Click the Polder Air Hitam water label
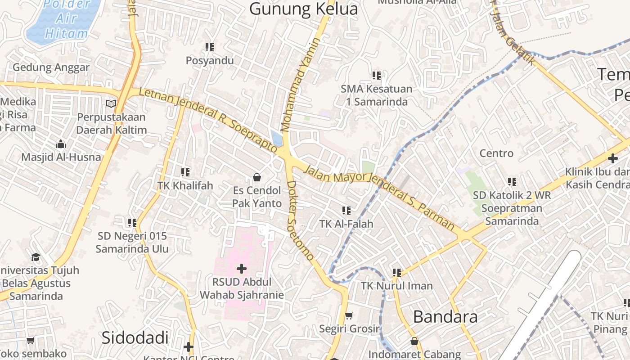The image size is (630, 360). click(66, 19)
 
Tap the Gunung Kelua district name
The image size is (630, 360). click(303, 9)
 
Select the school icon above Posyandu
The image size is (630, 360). click(209, 47)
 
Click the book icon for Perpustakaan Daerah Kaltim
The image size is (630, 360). click(111, 103)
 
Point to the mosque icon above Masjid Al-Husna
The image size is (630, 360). click(60, 144)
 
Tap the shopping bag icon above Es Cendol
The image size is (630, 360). click(257, 177)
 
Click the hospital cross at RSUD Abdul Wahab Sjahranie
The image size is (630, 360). click(242, 269)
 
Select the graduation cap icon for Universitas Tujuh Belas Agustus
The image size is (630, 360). click(36, 257)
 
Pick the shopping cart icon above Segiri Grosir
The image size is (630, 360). click(349, 315)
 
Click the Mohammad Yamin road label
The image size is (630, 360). click(300, 84)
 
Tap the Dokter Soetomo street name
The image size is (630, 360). click(300, 221)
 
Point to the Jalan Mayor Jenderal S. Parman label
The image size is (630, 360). click(379, 198)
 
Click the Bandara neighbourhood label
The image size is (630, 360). click(445, 317)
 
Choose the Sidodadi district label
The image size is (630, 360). click(135, 337)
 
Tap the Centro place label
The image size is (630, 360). click(496, 153)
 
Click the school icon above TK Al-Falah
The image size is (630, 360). click(346, 210)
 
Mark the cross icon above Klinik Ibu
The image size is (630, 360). click(612, 158)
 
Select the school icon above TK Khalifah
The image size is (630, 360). click(185, 172)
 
